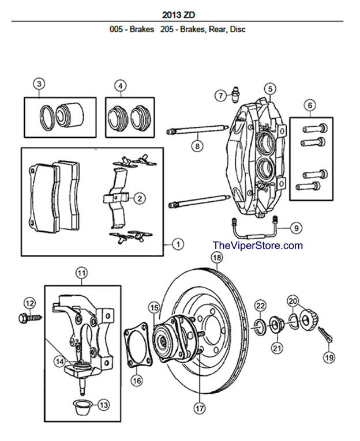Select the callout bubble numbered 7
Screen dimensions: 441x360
pos(220,96)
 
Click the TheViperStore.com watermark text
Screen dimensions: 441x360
pos(257,246)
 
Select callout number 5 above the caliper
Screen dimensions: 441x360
pos(269,88)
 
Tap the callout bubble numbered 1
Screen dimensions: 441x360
pos(178,244)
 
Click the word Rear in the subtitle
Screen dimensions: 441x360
pos(209,29)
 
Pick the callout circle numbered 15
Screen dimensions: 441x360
pos(154,307)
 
